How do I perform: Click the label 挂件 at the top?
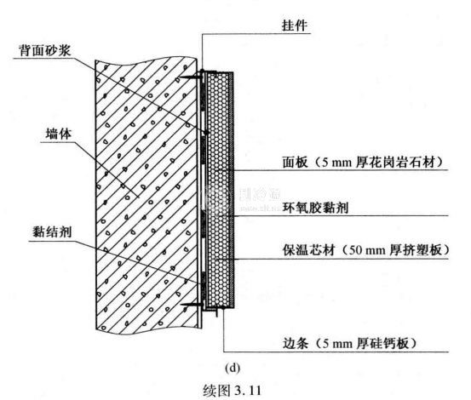tap(295, 26)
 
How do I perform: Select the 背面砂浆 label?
tap(45, 50)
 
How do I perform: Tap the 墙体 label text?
tap(59, 134)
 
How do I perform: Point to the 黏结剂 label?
tap(52, 231)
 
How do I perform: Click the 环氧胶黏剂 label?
tap(315, 208)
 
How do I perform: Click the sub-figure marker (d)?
tap(233, 368)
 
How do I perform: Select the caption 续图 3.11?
tap(233, 391)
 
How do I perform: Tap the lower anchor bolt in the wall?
tap(192, 306)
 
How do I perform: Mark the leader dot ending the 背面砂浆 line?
tap(206, 132)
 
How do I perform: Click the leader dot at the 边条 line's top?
tap(223, 307)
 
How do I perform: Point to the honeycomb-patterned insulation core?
tap(218, 190)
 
